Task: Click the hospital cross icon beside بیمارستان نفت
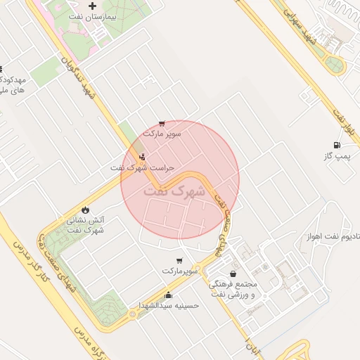point(92,6)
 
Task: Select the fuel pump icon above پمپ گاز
point(345,145)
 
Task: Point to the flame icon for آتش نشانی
point(86,210)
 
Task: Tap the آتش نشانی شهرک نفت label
point(86,224)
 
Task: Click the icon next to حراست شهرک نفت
point(143,157)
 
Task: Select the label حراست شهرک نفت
point(141,168)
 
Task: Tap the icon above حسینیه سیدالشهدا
point(168,295)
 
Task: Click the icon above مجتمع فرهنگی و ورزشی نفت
point(233,274)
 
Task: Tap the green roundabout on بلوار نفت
point(335,65)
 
